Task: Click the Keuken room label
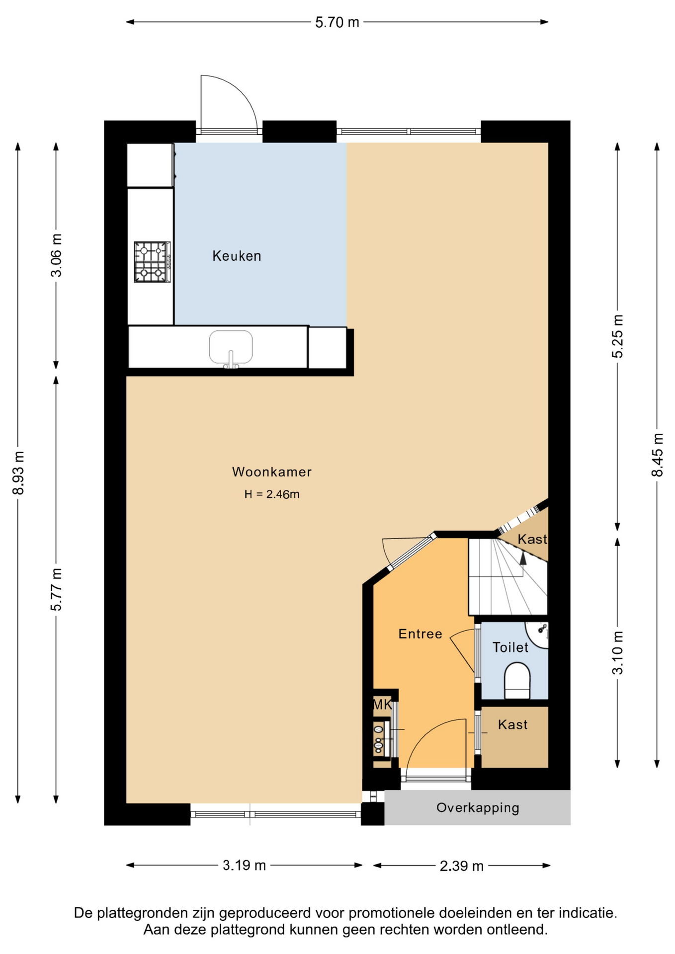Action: pos(237,256)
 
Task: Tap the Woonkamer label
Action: pos(272,472)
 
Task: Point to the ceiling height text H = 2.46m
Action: pos(272,494)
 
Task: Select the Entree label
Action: pos(420,634)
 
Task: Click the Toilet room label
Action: pos(510,647)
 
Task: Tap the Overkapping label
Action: pos(478,807)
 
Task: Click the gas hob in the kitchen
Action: pos(152,262)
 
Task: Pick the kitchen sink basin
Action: pos(231,348)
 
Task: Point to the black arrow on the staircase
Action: pos(522,558)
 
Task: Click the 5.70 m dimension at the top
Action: pos(337,22)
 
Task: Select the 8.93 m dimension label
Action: pos(18,473)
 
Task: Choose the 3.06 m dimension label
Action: pos(57,255)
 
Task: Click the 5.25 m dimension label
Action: pos(617,336)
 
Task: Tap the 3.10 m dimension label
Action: pos(617,652)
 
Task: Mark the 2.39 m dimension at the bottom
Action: pos(462,866)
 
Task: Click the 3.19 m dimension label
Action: pos(244,866)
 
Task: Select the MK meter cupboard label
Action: pos(382,704)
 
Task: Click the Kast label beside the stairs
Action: pos(532,539)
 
